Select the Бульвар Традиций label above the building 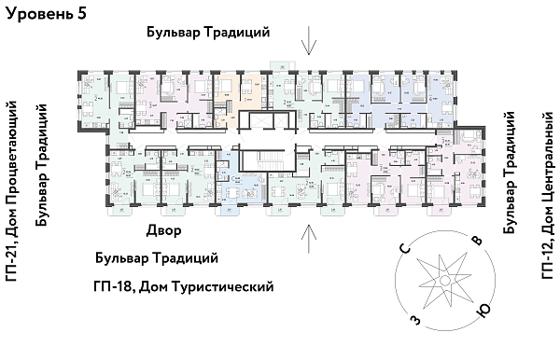coord(208,33)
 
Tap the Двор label coord(163,230)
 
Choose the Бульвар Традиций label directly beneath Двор coord(157,257)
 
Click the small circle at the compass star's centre coord(445,281)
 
